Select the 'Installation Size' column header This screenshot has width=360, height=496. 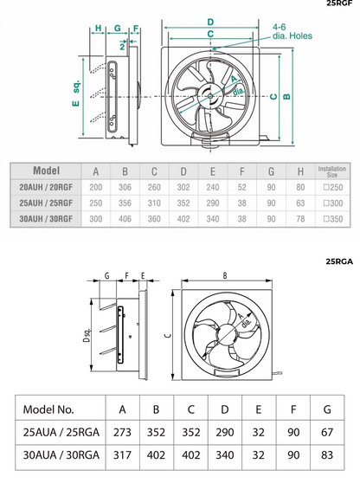click(332, 171)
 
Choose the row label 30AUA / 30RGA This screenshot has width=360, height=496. click(60, 454)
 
